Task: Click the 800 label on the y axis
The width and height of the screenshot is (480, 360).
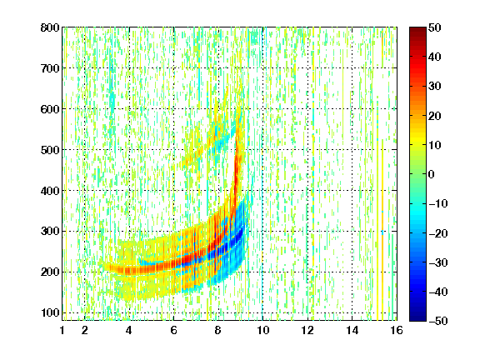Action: [50, 27]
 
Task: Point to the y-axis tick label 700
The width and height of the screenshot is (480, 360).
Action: [50, 68]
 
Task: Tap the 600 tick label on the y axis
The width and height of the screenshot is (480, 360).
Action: [50, 109]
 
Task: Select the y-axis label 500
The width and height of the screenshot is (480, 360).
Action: [50, 150]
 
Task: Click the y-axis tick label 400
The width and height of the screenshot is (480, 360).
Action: [50, 191]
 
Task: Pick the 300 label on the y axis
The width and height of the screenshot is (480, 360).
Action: [50, 231]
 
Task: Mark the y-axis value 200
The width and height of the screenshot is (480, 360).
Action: [50, 272]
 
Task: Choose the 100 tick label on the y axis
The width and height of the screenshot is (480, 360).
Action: [50, 312]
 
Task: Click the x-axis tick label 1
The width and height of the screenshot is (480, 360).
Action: [62, 330]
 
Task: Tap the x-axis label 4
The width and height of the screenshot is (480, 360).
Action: [129, 330]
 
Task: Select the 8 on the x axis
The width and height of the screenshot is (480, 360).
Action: [217, 330]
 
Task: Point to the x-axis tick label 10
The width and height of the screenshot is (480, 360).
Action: [262, 330]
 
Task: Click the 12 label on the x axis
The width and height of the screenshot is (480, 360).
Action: [307, 330]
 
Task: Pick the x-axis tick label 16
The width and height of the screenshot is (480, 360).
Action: [397, 330]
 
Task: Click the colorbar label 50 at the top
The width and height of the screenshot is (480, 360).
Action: [434, 27]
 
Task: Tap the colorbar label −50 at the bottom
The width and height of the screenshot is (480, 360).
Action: [437, 321]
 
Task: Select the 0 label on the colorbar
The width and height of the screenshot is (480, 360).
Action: [432, 174]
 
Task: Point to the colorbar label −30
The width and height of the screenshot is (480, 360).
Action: [437, 262]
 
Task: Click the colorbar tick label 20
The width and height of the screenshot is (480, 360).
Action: [434, 116]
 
